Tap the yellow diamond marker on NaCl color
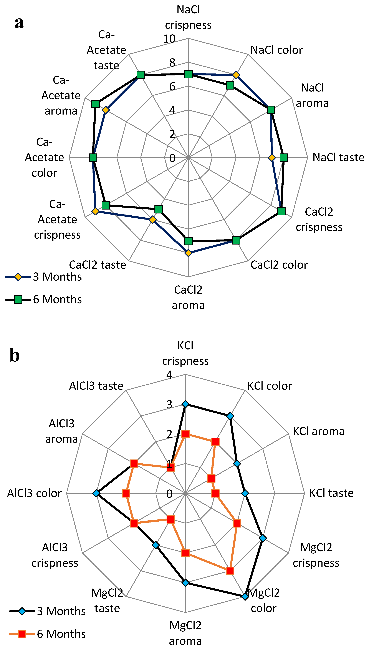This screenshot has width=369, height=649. click(236, 75)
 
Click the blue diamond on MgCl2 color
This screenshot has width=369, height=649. click(245, 597)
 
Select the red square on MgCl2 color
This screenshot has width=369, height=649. click(230, 571)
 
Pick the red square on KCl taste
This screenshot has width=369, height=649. click(215, 493)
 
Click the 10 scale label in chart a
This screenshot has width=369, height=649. click(169, 39)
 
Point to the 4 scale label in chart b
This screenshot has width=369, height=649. click(169, 374)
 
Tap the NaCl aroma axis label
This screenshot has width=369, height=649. click(312, 95)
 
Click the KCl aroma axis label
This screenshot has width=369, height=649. click(319, 431)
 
